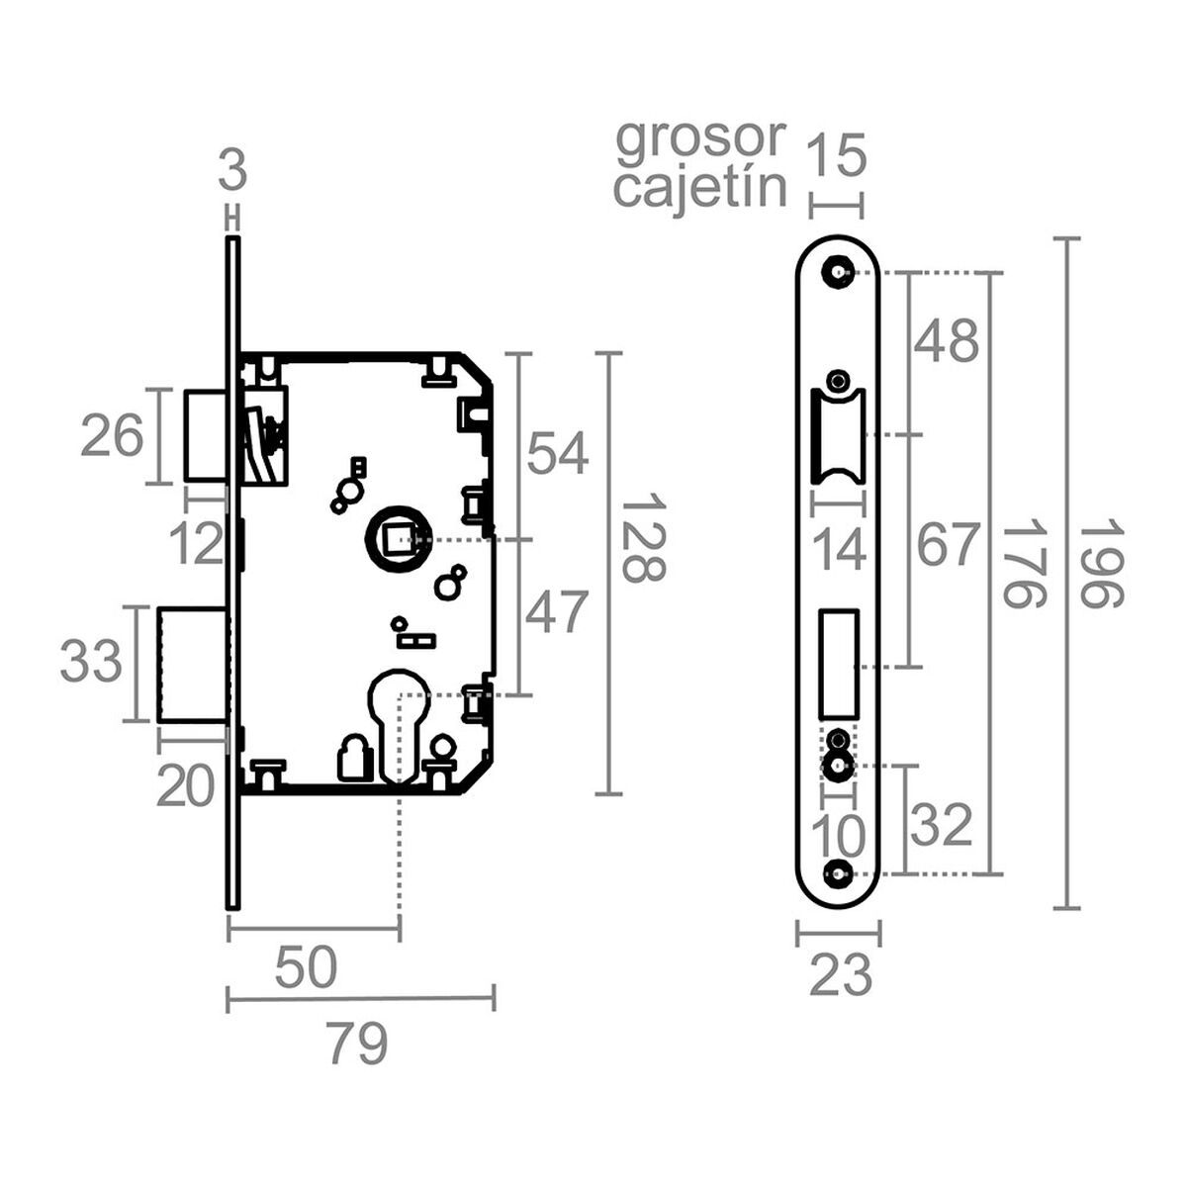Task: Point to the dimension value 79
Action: [357, 1044]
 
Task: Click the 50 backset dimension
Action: [306, 968]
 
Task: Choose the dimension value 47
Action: [556, 612]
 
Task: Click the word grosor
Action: [700, 140]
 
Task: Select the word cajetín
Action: [700, 187]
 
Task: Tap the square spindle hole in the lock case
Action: [398, 540]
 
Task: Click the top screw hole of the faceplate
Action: [840, 272]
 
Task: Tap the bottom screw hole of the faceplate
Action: [840, 873]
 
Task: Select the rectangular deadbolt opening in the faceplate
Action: [839, 663]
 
